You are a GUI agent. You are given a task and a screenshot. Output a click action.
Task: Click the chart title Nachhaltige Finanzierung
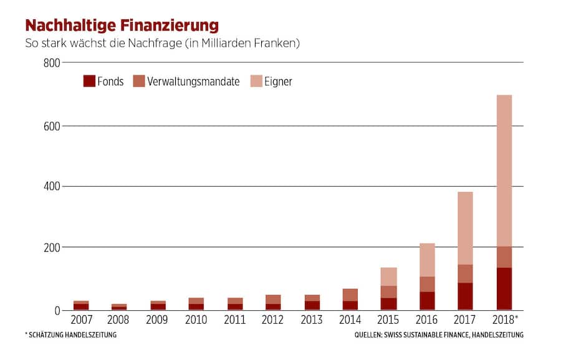pyautogui.click(x=122, y=26)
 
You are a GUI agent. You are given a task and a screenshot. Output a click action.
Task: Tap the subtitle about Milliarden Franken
pyautogui.click(x=162, y=44)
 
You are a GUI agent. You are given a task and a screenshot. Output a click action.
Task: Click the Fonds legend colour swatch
pyautogui.click(x=89, y=81)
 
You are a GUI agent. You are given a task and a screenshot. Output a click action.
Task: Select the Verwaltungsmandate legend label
pyautogui.click(x=193, y=82)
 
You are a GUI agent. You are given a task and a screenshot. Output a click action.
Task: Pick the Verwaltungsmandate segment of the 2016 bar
pyautogui.click(x=426, y=284)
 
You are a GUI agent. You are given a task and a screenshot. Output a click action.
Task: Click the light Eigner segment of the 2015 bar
pyautogui.click(x=389, y=277)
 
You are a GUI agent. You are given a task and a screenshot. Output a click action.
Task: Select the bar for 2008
pyautogui.click(x=119, y=306)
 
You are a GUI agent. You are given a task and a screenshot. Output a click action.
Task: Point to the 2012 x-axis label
pyautogui.click(x=273, y=321)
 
